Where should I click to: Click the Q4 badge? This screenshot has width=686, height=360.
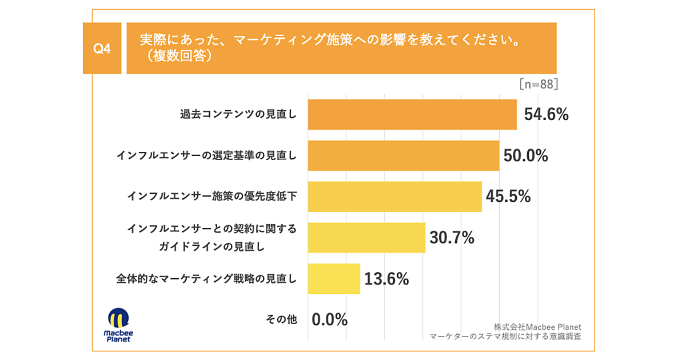point(102,49)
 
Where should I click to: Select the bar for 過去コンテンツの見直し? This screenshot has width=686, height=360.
point(412,114)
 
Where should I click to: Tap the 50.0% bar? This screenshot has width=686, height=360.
point(404,155)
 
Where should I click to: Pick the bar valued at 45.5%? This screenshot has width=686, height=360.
point(394,197)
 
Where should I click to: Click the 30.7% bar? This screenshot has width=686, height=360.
point(366,238)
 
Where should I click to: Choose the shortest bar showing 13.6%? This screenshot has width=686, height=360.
point(334,279)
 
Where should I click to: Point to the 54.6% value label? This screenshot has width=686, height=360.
point(547,114)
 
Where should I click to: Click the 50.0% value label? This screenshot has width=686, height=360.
point(526,155)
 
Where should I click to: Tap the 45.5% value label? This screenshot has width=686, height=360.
point(508,197)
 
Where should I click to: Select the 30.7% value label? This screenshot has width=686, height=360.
point(452,238)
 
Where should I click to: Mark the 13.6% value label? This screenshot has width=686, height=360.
point(387,279)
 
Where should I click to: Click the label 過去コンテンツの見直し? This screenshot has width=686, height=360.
point(238,114)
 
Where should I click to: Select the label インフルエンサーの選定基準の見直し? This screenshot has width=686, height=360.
point(206,155)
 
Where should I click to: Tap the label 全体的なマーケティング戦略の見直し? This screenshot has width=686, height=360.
point(206,279)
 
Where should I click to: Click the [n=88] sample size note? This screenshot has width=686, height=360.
point(539,84)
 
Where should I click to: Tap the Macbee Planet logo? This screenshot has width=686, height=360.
point(117,325)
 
